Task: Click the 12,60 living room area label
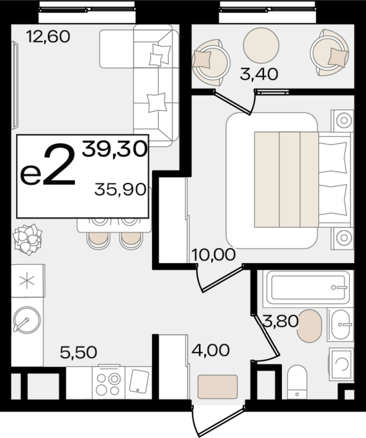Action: tap(48, 37)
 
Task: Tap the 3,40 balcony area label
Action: tap(259, 74)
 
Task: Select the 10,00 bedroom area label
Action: tap(213, 255)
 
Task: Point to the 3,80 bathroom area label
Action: tap(281, 321)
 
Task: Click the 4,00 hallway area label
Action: tap(211, 350)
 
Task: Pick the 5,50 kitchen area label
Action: tap(78, 352)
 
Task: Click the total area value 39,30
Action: tap(115, 149)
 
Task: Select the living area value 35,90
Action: tap(121, 189)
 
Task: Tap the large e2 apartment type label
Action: tap(48, 165)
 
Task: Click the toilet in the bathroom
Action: tap(297, 382)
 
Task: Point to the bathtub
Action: tap(308, 287)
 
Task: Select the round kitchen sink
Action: tap(27, 320)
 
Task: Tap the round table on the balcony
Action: tap(261, 46)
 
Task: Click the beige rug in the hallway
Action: tap(218, 387)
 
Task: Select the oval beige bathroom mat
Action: tap(309, 326)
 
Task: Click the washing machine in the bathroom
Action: tap(342, 364)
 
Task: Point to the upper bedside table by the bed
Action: tap(342, 121)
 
